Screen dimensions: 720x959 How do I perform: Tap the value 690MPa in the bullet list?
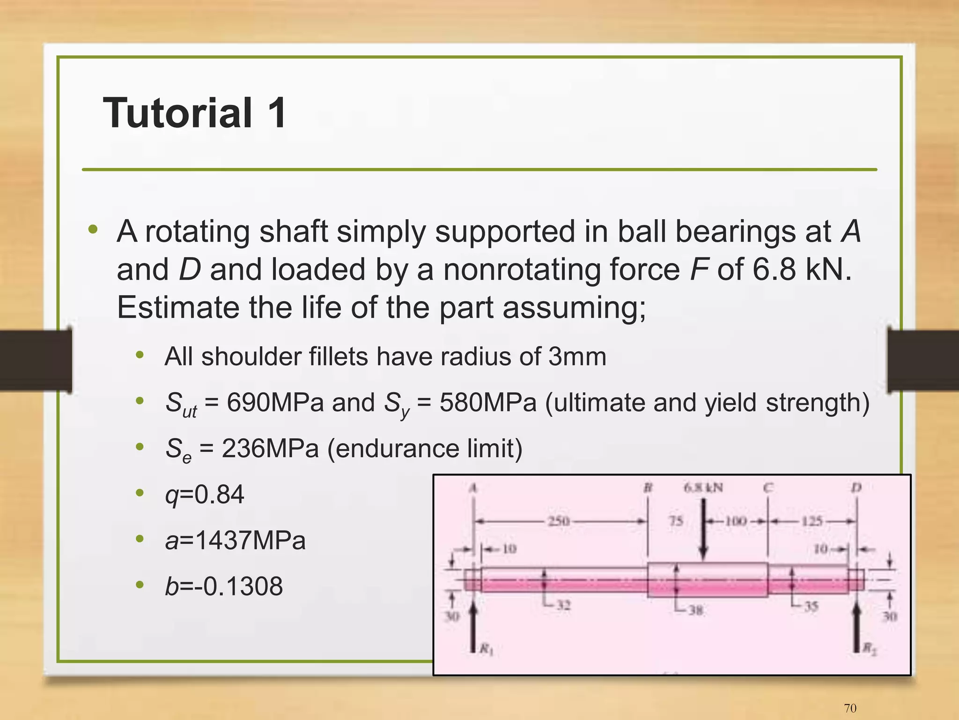[x=275, y=402]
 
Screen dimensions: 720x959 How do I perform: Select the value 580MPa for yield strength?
[x=487, y=402]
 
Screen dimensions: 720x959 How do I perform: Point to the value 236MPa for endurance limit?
[x=270, y=448]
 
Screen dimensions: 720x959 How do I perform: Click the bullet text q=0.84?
[x=205, y=494]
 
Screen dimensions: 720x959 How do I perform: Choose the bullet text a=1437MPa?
[x=236, y=540]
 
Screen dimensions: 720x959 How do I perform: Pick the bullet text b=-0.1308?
[x=224, y=586]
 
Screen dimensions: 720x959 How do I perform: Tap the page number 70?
[x=850, y=708]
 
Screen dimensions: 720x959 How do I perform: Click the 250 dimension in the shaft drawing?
[x=559, y=521]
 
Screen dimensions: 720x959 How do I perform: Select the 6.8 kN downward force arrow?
[x=703, y=532]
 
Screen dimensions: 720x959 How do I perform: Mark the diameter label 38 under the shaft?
[x=695, y=610]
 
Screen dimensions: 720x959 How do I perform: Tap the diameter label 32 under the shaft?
[x=563, y=605]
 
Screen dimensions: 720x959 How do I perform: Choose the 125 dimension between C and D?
[x=812, y=521]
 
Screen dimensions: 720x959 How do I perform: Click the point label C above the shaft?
[x=768, y=488]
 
